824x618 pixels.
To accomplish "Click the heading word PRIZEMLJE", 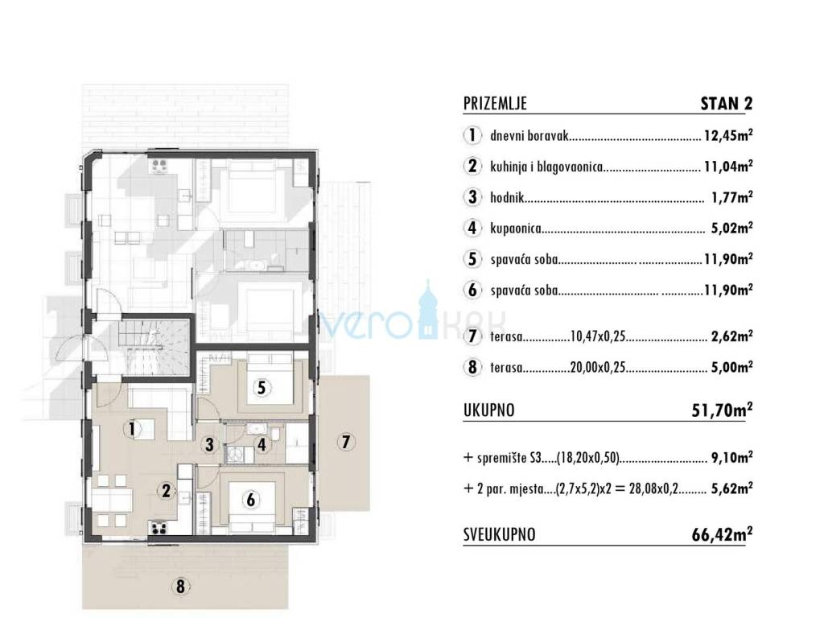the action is (x=495, y=104).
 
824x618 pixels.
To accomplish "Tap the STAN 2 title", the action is (x=727, y=104).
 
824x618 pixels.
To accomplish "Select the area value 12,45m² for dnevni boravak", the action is (x=728, y=136).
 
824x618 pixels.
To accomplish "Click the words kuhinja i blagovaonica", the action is (x=546, y=167).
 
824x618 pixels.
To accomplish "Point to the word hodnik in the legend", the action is (x=507, y=198).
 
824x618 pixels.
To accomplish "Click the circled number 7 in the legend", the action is (x=472, y=336).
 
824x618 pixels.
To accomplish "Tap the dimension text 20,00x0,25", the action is (x=598, y=367).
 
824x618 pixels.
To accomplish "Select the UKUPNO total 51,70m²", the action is (x=722, y=410).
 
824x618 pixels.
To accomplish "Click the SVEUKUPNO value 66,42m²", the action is (x=722, y=534).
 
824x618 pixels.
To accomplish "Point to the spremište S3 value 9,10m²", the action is (x=731, y=458).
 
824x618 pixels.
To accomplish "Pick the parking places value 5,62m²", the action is (x=731, y=488).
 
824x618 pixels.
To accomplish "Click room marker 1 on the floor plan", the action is (x=132, y=430).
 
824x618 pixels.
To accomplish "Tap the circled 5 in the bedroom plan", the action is (x=262, y=389).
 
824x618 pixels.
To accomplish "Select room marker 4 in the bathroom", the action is (x=262, y=445).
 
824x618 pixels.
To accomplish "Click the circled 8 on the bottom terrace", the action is (x=180, y=586).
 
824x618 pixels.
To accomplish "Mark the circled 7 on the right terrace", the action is (x=345, y=442).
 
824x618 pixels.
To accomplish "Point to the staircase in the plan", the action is (x=154, y=346).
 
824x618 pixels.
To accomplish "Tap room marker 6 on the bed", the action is (x=251, y=499).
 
